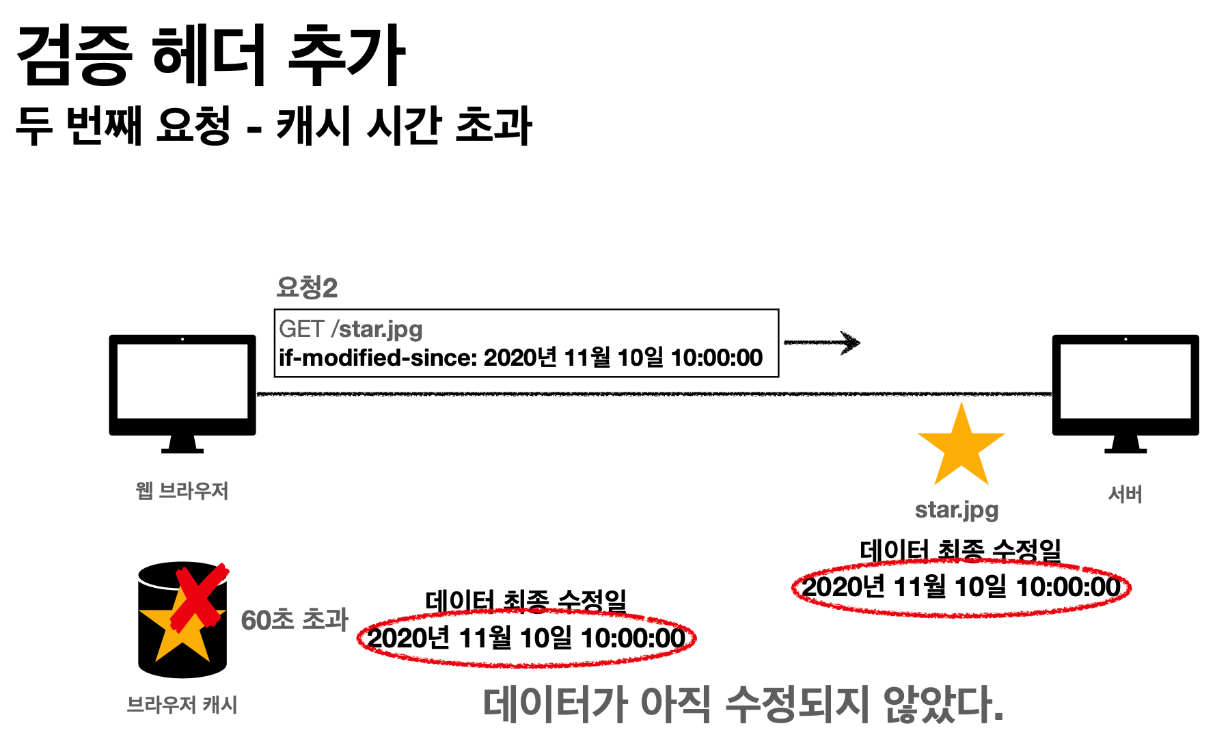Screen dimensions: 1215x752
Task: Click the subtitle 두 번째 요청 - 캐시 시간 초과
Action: click(273, 126)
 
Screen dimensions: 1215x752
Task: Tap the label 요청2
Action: click(307, 288)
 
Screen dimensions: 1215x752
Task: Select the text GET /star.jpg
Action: click(351, 329)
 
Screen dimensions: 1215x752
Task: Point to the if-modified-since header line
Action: click(520, 358)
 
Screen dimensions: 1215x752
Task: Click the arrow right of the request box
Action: click(822, 343)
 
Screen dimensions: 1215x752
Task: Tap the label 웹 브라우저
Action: click(182, 490)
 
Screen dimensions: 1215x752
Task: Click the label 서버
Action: click(1125, 494)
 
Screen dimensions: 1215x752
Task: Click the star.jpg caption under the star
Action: click(957, 510)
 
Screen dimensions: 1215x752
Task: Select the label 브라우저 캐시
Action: click(182, 705)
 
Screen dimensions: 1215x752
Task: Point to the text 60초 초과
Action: click(295, 620)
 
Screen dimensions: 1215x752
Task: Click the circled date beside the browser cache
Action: click(526, 639)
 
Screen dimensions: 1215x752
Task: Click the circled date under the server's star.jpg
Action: click(961, 587)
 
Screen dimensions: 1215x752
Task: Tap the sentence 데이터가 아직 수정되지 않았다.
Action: click(743, 705)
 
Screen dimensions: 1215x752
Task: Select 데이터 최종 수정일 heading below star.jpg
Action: click(960, 550)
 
